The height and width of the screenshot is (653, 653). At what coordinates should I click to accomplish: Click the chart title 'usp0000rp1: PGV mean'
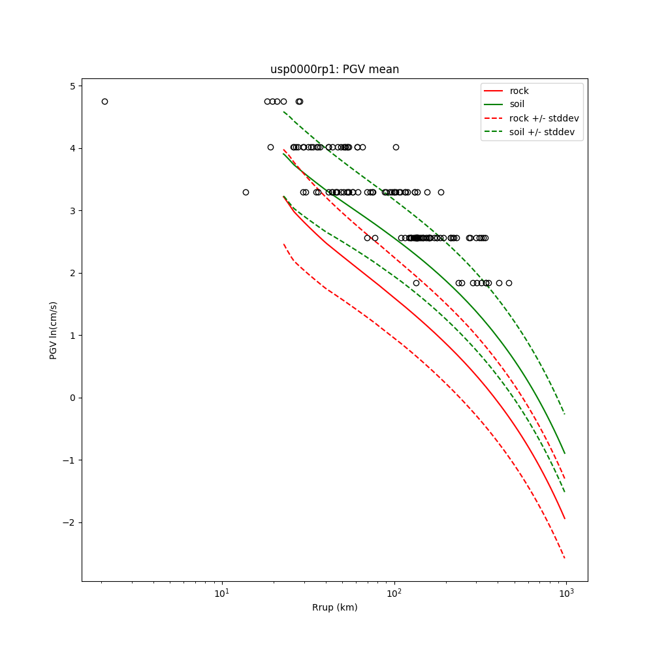(x=334, y=69)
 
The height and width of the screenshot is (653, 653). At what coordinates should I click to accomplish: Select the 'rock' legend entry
(x=519, y=91)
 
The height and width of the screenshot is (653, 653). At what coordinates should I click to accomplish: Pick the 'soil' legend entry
(x=517, y=104)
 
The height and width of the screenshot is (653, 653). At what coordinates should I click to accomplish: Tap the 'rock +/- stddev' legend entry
(x=544, y=118)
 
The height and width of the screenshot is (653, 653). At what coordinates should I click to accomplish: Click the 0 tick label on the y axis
(x=72, y=398)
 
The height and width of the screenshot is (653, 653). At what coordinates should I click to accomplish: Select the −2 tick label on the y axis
(x=70, y=522)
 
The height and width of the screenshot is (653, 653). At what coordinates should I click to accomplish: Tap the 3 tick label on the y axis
(x=72, y=211)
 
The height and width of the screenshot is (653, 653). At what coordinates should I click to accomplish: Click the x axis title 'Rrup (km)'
(x=334, y=607)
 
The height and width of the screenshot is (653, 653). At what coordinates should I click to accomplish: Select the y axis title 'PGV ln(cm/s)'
(x=54, y=330)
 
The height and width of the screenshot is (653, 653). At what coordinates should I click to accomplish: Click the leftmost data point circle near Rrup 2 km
(x=104, y=101)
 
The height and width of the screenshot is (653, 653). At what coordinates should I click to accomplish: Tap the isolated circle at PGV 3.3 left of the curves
(x=246, y=192)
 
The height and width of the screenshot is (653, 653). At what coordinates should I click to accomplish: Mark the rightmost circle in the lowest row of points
(x=509, y=283)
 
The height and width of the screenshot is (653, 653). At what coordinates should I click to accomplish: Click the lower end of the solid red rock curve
(x=565, y=519)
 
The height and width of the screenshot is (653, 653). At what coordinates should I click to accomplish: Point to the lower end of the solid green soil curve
(x=565, y=453)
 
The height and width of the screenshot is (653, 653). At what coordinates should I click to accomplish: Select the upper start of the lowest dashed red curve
(x=283, y=244)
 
